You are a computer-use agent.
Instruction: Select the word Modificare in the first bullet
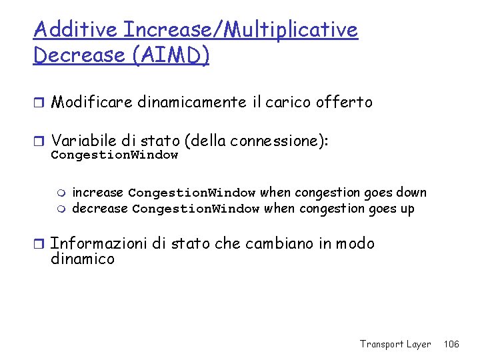click(91, 102)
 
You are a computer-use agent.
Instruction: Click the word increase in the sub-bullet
click(97, 193)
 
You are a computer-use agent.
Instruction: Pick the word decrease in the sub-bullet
click(99, 209)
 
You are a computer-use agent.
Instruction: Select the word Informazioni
click(98, 244)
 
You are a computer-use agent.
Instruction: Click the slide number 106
click(451, 344)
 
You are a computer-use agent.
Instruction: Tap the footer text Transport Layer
click(395, 344)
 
